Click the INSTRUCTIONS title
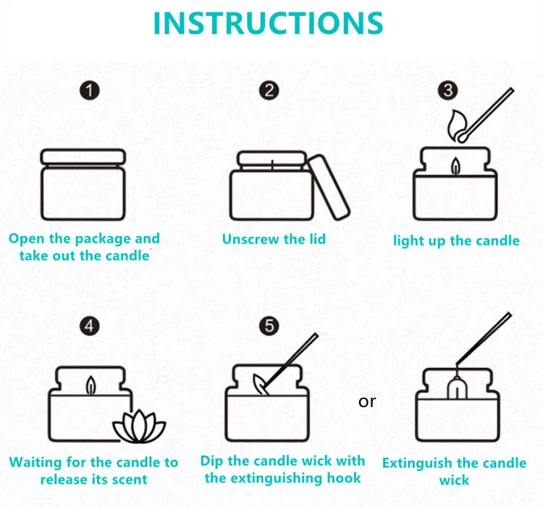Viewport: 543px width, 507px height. point(268,23)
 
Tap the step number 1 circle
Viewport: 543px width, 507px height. point(90,91)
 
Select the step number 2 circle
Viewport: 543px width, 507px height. point(269,91)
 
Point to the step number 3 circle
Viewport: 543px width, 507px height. point(448,91)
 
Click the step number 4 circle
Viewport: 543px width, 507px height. point(89,326)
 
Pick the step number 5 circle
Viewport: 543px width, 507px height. point(269,326)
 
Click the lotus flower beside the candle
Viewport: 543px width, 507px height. point(139,427)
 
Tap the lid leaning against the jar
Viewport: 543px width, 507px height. point(329,187)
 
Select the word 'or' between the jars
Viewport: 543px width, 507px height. point(367,402)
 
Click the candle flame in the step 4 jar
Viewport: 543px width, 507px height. point(90,385)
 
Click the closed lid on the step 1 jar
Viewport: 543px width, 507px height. point(83,157)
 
